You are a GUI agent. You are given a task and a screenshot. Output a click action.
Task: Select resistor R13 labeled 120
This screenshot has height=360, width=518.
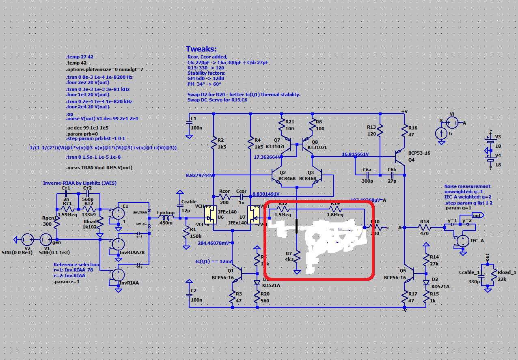380,131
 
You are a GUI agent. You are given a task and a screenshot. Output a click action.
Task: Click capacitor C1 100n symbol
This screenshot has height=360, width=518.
189,125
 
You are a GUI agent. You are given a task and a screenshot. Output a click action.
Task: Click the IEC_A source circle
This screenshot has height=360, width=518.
461,241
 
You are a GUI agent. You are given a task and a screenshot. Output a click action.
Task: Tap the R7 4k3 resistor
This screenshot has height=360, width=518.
297,257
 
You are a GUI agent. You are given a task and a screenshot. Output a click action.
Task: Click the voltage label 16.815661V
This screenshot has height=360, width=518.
355,154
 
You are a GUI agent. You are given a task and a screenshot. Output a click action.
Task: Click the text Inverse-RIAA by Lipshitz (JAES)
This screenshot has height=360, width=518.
80,183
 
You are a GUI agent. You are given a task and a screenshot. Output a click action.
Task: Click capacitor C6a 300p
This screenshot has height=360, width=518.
367,175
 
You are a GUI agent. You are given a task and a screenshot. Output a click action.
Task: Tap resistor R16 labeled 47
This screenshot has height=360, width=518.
405,131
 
